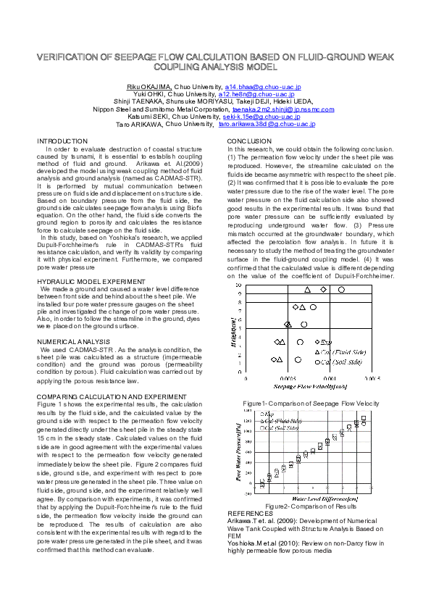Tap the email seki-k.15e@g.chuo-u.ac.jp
(261, 117)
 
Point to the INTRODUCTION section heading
(62, 141)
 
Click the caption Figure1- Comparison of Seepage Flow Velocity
(311, 403)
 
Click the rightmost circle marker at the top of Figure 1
(341, 290)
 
